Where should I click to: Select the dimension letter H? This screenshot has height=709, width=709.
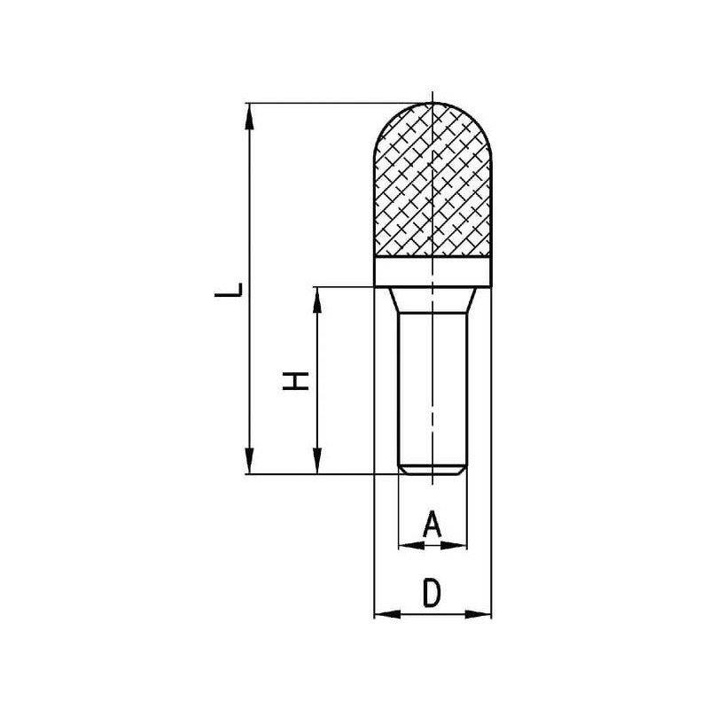pyautogui.click(x=296, y=381)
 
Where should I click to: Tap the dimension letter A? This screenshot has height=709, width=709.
pyautogui.click(x=432, y=523)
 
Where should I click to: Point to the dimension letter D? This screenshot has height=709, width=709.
pyautogui.click(x=432, y=593)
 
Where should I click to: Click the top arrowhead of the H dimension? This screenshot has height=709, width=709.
pyautogui.click(x=317, y=300)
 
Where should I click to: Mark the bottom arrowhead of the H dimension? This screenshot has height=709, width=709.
pyautogui.click(x=317, y=461)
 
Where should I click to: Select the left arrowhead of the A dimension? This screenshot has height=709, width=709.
pyautogui.click(x=412, y=546)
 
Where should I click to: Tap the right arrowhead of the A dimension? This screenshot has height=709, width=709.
pyautogui.click(x=454, y=546)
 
